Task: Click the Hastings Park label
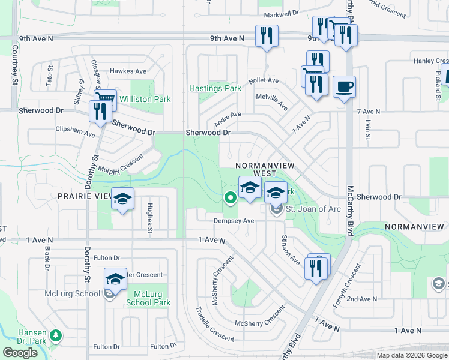[215, 88]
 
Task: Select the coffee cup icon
[344, 87]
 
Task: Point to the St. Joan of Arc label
[313, 209]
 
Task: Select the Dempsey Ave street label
[235, 221]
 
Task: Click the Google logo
[20, 353]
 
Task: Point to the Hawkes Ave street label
[128, 71]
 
